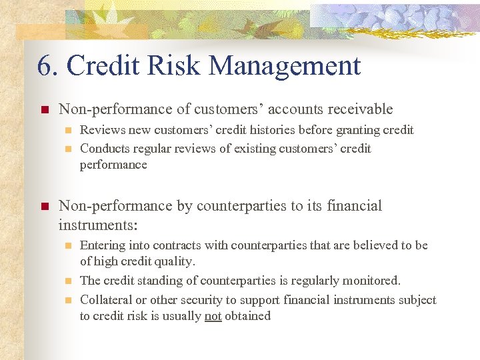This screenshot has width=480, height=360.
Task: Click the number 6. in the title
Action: (48, 66)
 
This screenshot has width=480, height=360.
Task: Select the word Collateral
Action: (106, 300)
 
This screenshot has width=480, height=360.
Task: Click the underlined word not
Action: (213, 316)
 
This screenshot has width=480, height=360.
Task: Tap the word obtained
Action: (248, 316)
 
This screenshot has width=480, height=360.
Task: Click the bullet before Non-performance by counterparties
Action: (45, 207)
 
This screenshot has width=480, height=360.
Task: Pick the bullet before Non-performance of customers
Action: (45, 110)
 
